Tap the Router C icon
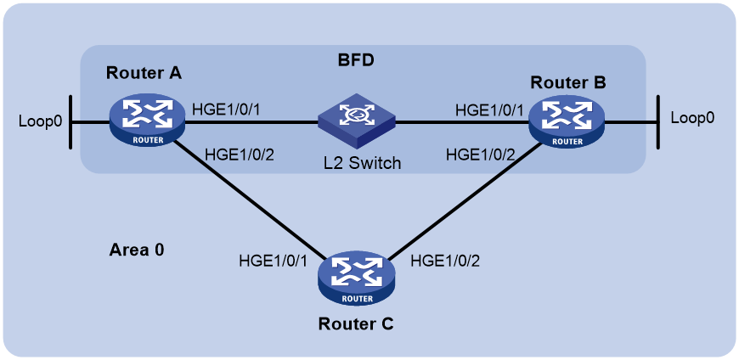(356, 281)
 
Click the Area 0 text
(137, 250)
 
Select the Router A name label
(144, 73)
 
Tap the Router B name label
(568, 82)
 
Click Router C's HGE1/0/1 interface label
(274, 260)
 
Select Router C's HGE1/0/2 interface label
(445, 260)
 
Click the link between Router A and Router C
(251, 199)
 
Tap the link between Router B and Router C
(464, 200)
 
